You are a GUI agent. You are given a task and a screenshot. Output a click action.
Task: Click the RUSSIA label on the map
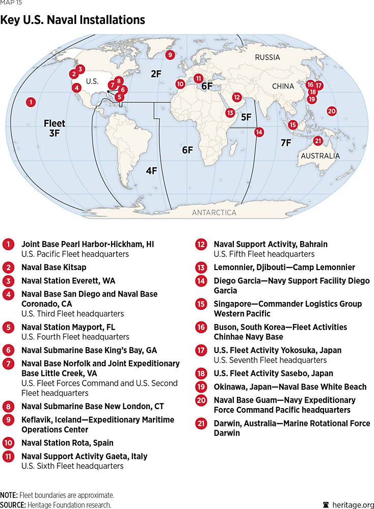coord(268,57)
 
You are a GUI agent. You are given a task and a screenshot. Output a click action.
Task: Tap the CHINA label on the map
coord(283,86)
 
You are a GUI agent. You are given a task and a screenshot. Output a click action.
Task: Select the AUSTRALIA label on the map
coord(320,155)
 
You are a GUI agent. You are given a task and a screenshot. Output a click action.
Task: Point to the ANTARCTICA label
coord(214,212)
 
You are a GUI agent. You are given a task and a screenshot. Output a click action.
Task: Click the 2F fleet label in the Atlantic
coord(156,74)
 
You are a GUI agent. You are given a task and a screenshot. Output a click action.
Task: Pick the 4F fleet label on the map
coord(151,171)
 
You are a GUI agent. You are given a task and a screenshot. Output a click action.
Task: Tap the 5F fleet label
coord(246,117)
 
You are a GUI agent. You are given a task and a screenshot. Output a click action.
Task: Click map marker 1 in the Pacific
coord(31,102)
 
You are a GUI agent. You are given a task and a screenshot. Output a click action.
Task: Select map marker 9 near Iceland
coord(170,55)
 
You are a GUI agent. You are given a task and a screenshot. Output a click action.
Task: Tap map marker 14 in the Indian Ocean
coord(259,132)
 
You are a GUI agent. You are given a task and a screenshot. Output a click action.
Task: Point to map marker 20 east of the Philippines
coord(331,111)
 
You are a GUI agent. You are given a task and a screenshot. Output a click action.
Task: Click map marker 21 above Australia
coord(317,141)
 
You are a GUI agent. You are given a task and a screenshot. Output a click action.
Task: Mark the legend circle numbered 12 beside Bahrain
coord(201,245)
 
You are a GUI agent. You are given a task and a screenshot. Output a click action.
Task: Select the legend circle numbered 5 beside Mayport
coord(8,327)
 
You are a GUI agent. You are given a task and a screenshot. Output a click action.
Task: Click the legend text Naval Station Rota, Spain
coord(67,443)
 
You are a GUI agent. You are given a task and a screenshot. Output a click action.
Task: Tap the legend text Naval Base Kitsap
coord(54,267)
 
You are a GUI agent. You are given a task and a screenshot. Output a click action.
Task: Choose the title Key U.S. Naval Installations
coord(72,20)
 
